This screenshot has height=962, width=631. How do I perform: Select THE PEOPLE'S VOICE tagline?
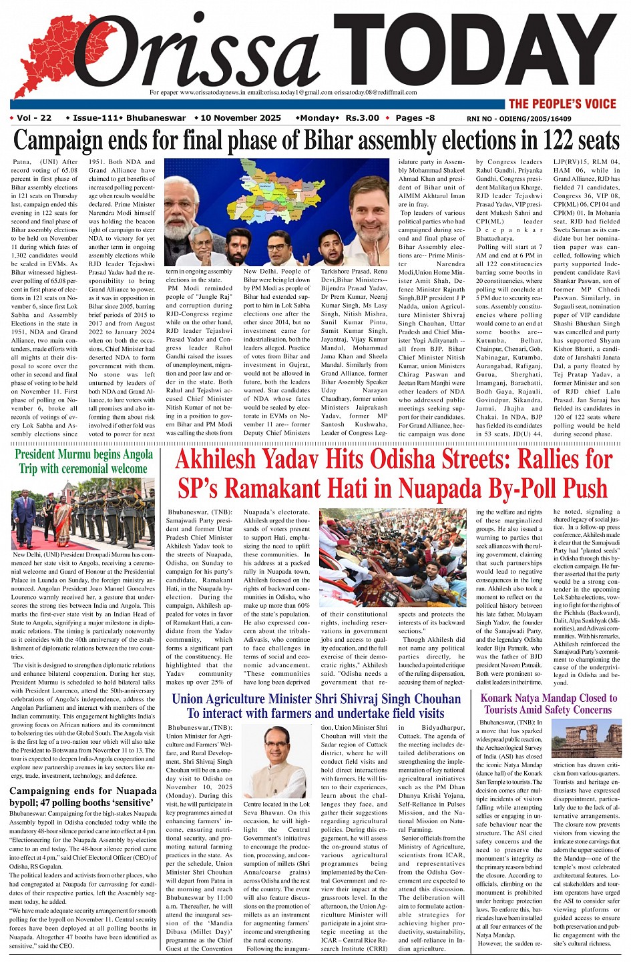tap(562, 103)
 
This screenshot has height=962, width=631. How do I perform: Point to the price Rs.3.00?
tap(362, 118)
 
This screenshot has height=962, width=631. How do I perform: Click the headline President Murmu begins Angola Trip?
tap(84, 462)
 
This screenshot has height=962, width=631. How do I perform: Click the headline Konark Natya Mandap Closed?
tap(548, 704)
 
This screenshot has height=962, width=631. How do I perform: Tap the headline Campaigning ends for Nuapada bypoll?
tap(83, 797)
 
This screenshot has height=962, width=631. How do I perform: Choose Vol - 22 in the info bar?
tap(34, 118)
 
